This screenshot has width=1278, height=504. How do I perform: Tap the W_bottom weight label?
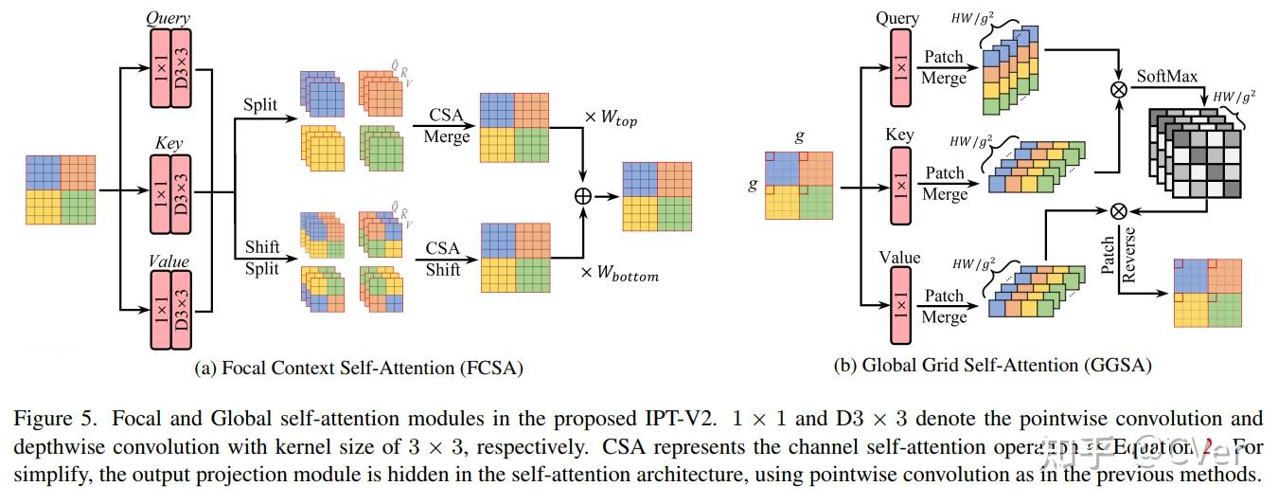[621, 276]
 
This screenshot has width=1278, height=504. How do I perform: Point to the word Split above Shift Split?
[260, 104]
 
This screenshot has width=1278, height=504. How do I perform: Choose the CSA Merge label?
[447, 126]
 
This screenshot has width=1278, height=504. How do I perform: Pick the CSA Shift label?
[443, 259]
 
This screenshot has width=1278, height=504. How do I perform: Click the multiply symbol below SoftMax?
[1119, 90]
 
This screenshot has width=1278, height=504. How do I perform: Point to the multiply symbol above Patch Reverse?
[1119, 210]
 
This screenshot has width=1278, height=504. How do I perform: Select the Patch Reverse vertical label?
[1118, 255]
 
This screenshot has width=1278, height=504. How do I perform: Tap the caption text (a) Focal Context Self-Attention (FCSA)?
[358, 367]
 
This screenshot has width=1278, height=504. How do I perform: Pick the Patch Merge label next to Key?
[944, 183]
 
